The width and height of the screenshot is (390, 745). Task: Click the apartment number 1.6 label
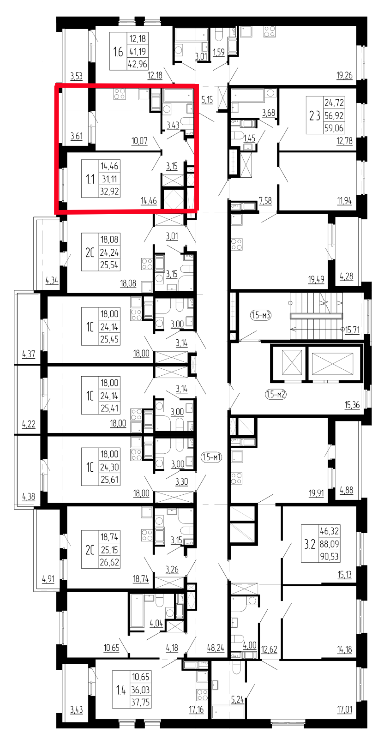click(118, 52)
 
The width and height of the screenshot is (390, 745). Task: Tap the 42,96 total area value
click(138, 64)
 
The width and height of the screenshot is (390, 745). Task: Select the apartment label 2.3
click(314, 116)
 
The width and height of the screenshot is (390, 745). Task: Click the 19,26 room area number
click(344, 76)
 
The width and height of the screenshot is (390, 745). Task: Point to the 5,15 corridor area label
click(207, 99)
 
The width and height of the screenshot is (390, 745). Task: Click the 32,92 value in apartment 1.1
click(110, 191)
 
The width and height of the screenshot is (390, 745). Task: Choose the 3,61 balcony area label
click(77, 136)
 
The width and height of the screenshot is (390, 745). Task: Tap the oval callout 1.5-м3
click(261, 315)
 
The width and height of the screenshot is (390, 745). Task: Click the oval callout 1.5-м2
click(276, 395)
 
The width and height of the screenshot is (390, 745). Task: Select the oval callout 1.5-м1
click(211, 457)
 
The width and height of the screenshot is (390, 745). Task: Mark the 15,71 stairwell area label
click(353, 330)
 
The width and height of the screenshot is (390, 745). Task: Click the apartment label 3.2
click(310, 544)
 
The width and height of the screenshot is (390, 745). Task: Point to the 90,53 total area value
click(330, 556)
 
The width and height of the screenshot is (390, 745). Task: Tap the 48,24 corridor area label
click(216, 648)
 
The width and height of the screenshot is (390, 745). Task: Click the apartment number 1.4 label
click(120, 690)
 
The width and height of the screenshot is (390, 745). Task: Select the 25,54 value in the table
click(109, 265)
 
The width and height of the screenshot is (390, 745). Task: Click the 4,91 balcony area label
click(48, 579)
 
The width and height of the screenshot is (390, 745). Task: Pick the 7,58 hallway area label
click(265, 200)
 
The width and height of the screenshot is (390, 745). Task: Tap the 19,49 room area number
click(316, 279)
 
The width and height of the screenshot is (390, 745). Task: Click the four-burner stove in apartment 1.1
click(120, 94)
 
